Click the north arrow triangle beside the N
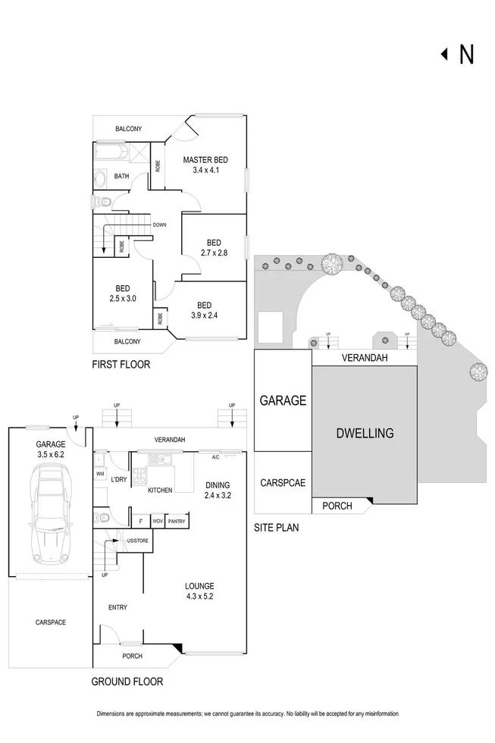[x=444, y=55]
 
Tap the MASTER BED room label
[x=205, y=160]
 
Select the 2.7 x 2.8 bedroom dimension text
[x=214, y=253]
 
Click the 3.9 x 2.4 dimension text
[x=204, y=315]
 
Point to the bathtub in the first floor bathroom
[x=111, y=152]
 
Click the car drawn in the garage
[x=51, y=513]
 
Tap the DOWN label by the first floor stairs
[x=160, y=224]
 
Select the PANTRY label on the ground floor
[x=177, y=522]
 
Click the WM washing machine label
[x=100, y=473]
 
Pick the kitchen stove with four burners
[x=139, y=476]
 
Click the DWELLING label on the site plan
[x=365, y=433]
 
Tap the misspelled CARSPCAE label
[x=283, y=483]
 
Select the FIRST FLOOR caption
[x=121, y=365]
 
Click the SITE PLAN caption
[x=276, y=528]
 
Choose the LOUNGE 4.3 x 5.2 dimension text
[x=199, y=597]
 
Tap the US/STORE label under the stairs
[x=138, y=541]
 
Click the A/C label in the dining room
[x=215, y=457]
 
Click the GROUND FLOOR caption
[x=127, y=682]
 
